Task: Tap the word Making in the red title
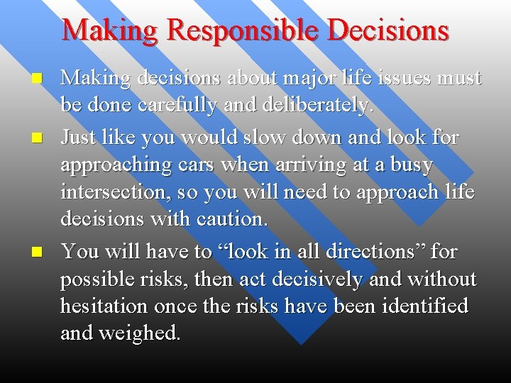coord(107,31)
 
